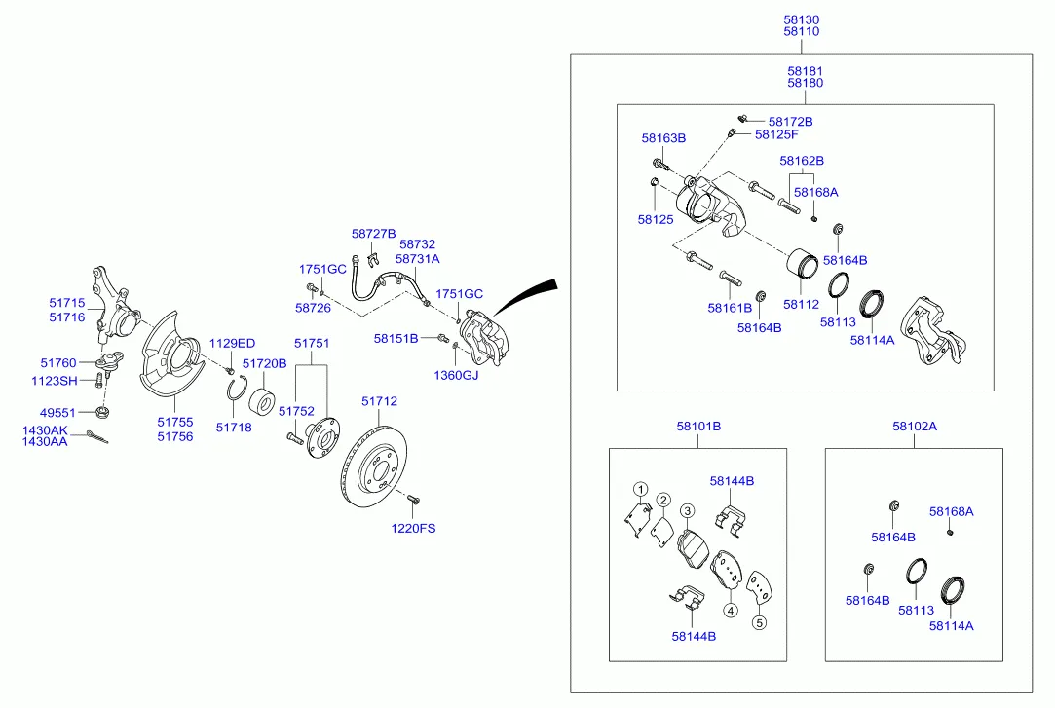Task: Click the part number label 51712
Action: (379, 401)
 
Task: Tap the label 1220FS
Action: (414, 529)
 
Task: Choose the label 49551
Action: (57, 412)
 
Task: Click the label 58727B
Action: (374, 234)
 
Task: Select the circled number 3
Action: (687, 510)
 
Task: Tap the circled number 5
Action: (760, 622)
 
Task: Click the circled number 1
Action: (640, 489)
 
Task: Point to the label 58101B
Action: (698, 426)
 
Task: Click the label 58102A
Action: (914, 426)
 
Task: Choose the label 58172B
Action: (790, 122)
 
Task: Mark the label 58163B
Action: (663, 138)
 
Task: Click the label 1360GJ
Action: (457, 374)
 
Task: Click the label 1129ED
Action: (233, 343)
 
